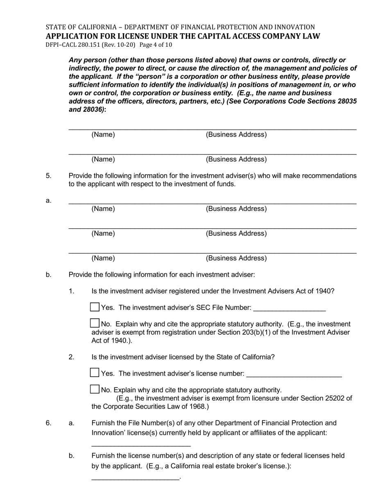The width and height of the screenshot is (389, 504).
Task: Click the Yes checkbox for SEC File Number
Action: click(x=95, y=307)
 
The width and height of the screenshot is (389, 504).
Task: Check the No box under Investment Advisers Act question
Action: click(x=95, y=323)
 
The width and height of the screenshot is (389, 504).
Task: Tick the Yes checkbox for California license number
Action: click(x=95, y=372)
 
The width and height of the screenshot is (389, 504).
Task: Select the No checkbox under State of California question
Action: click(x=95, y=389)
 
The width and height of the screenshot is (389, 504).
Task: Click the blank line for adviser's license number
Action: click(x=294, y=375)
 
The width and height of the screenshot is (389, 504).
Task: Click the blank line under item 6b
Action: click(x=135, y=478)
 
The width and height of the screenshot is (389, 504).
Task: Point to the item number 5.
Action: click(x=48, y=176)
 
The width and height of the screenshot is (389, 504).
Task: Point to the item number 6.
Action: click(x=48, y=423)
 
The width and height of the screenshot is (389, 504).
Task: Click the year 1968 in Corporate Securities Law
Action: click(x=197, y=406)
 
